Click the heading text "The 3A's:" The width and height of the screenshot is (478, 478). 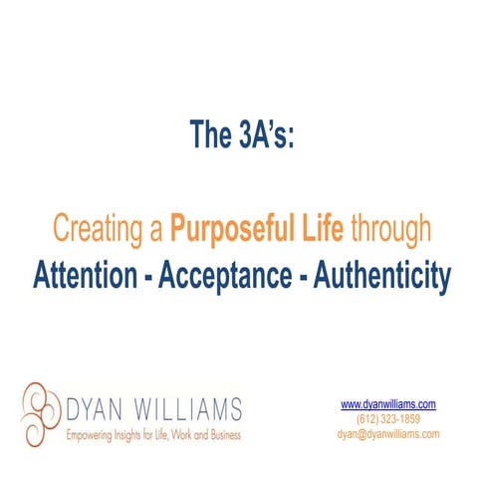tap(242, 134)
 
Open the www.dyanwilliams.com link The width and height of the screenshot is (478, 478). tap(388, 404)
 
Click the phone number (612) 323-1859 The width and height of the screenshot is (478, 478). tap(388, 419)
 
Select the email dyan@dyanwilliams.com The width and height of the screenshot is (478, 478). tap(388, 434)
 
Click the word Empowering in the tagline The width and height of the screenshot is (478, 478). tap(91, 435)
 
